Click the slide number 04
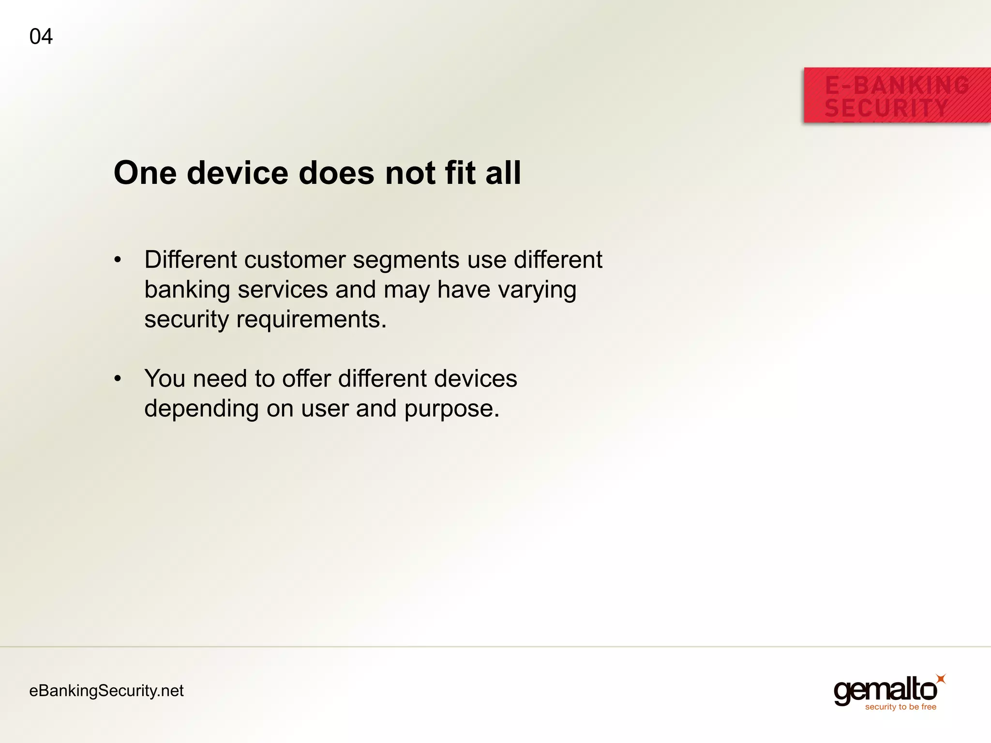point(41,37)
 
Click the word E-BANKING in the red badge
point(897,86)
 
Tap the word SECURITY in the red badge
point(886,108)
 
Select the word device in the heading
point(238,173)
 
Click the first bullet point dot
point(118,260)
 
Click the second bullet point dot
point(118,379)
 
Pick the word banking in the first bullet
point(187,290)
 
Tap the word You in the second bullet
point(165,379)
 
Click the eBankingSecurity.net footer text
point(106,691)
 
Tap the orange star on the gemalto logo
point(940,679)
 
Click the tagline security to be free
point(901,707)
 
